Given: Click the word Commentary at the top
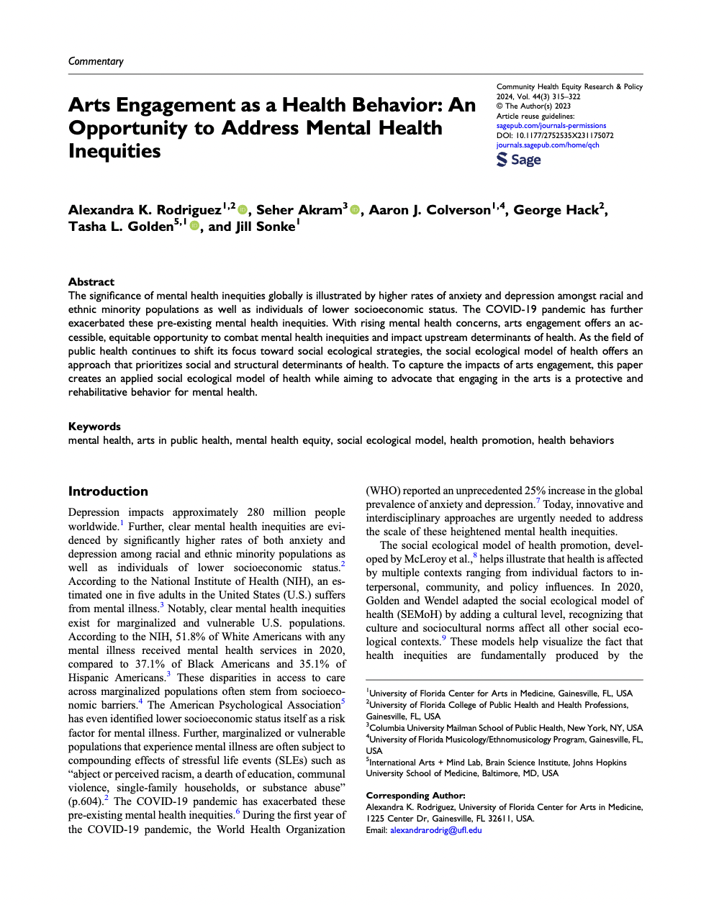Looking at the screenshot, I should click(x=96, y=61).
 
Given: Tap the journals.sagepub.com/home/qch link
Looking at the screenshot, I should click(x=547, y=145).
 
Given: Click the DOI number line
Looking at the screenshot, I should click(x=555, y=135).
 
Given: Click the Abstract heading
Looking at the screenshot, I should click(x=91, y=282).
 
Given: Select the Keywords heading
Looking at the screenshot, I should click(x=94, y=427).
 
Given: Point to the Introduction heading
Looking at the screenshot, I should click(x=108, y=491).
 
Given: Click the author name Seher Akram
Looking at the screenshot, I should click(x=299, y=210).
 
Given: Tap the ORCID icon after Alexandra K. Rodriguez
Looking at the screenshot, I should click(x=243, y=210).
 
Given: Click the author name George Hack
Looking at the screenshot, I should click(x=556, y=210).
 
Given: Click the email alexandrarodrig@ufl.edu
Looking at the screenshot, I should click(x=435, y=830).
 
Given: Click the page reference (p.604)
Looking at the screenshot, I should click(x=85, y=801).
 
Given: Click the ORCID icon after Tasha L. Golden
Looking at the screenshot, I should click(x=194, y=227).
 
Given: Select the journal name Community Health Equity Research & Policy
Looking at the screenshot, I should click(x=569, y=86).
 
